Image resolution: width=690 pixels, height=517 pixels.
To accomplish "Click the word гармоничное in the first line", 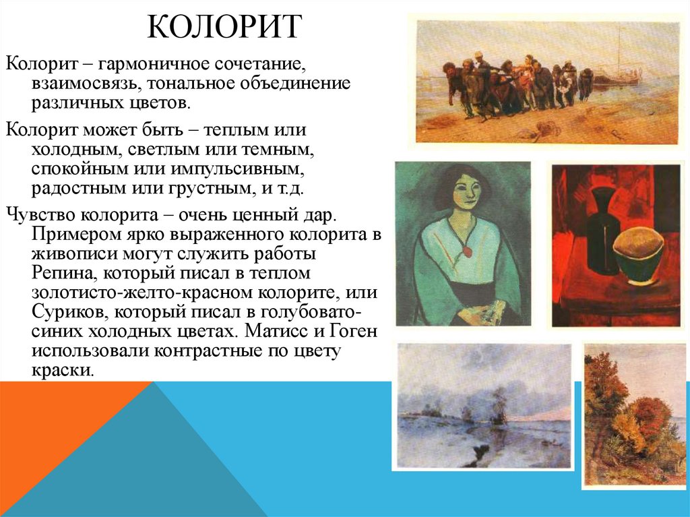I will [154, 66].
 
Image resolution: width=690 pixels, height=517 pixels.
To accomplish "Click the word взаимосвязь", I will [79, 86].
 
